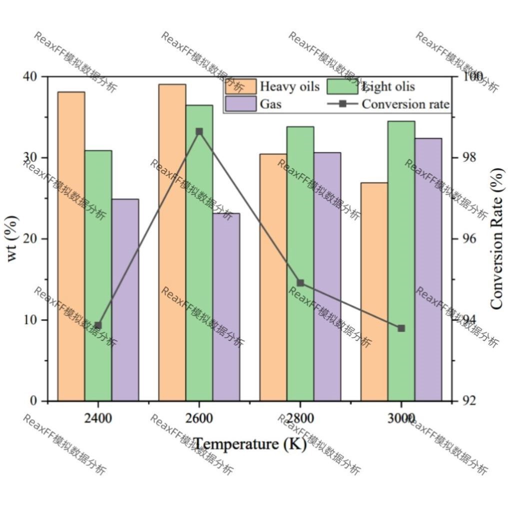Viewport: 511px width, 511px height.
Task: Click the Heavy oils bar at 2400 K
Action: point(71,245)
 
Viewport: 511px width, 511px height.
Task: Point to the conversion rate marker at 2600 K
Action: point(199,131)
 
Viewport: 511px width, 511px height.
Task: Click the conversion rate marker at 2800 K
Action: point(300,282)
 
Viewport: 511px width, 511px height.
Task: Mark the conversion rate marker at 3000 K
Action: point(401,328)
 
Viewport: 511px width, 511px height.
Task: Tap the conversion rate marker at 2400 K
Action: point(98,325)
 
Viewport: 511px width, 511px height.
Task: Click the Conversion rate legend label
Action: point(405,104)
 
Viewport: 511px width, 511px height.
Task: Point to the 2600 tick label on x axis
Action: point(199,417)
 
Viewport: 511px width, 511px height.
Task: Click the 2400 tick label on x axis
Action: point(98,417)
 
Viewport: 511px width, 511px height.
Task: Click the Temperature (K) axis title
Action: point(249,443)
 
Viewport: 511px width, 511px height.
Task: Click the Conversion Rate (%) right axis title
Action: point(496,238)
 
